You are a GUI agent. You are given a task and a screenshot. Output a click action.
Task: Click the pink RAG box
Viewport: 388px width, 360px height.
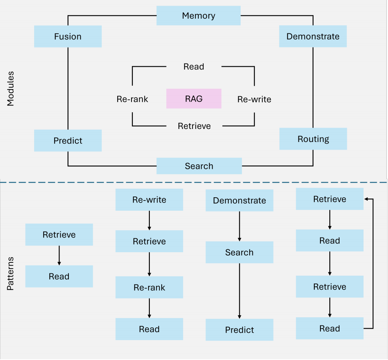194,98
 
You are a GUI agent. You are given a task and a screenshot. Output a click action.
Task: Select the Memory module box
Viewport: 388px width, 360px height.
199,16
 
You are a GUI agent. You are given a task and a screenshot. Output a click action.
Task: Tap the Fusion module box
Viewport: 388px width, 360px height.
68,37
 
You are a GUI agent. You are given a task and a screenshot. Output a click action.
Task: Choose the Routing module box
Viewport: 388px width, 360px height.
313,139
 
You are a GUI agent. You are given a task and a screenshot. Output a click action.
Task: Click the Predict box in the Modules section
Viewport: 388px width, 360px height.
68,141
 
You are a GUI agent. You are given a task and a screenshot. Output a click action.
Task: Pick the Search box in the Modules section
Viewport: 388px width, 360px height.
199,166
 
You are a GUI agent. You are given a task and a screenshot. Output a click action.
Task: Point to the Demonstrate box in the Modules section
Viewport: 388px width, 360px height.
313,37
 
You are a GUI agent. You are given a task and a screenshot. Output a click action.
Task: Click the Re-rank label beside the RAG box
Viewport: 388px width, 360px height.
132,99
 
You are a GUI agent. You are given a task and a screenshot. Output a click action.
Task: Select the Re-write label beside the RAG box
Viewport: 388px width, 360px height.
254,99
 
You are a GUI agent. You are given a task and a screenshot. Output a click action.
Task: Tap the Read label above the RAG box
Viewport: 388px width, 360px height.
194,67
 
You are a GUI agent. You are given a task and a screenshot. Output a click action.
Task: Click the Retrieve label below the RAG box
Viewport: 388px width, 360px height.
194,126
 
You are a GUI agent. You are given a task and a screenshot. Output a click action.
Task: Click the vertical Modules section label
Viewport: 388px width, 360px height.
11,89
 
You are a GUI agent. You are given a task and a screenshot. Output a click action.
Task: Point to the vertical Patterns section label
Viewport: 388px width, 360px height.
11,273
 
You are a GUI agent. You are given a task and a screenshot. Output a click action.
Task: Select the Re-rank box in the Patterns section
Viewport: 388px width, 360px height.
149,288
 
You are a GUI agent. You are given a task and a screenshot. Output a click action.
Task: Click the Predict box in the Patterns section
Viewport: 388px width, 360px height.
239,330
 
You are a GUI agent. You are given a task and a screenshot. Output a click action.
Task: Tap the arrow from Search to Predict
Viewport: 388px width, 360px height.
239,291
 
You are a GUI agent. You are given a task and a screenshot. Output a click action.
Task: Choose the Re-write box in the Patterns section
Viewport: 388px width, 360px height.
149,200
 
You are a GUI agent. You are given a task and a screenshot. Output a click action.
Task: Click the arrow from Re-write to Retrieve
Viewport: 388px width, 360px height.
149,220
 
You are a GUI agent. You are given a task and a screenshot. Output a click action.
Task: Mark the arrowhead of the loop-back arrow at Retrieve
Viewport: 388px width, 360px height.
366,199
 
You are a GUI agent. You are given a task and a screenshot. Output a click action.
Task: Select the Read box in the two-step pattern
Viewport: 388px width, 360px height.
59,277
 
